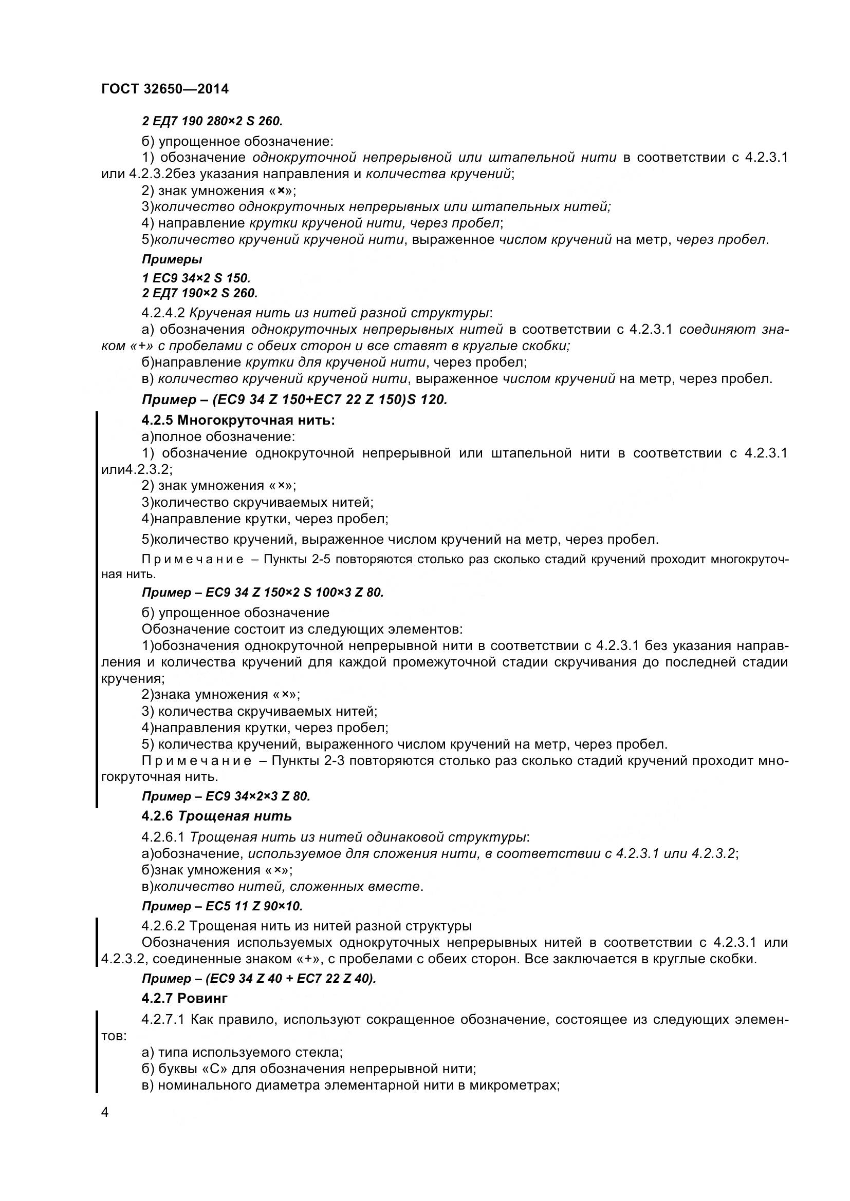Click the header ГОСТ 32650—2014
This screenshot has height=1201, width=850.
point(165,89)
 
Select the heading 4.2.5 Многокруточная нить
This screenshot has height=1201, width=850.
point(238,420)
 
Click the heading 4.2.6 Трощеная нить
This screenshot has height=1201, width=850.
point(217,816)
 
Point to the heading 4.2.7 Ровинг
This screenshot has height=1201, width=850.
point(184,998)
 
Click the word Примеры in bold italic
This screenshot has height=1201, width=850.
point(172,259)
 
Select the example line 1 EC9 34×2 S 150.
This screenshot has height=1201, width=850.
point(196,278)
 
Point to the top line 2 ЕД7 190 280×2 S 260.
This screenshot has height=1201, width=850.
point(212,121)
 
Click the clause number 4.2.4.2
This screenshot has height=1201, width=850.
point(163,313)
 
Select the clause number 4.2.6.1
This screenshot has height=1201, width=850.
point(163,837)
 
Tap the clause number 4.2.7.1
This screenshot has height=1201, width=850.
point(163,1020)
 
